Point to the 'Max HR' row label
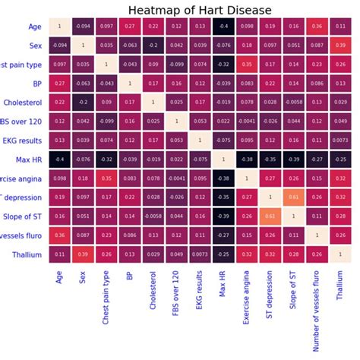tap(30, 159)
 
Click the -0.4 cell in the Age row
tap(223, 27)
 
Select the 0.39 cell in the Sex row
tap(339, 46)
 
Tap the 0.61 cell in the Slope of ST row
tap(270, 216)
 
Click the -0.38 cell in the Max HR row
tap(246, 159)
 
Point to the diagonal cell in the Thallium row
tap(339, 254)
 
